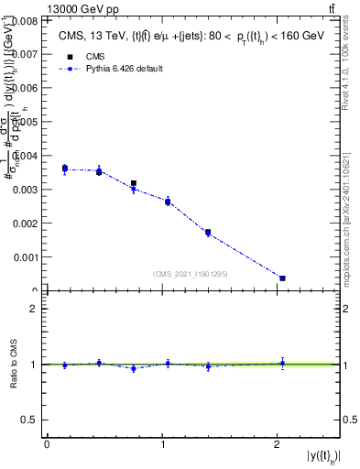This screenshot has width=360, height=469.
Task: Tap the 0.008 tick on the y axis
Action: pyautogui.click(x=26, y=19)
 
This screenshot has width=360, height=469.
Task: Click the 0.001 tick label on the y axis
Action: pyautogui.click(x=26, y=257)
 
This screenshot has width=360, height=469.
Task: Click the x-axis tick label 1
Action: pyautogui.click(x=163, y=444)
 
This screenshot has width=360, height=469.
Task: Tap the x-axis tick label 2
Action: pyautogui.click(x=278, y=444)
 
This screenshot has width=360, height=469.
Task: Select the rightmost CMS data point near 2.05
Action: pyautogui.click(x=282, y=278)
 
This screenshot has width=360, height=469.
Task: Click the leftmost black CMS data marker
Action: pyautogui.click(x=65, y=169)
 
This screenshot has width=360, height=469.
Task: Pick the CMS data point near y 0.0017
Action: pyautogui.click(x=208, y=233)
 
